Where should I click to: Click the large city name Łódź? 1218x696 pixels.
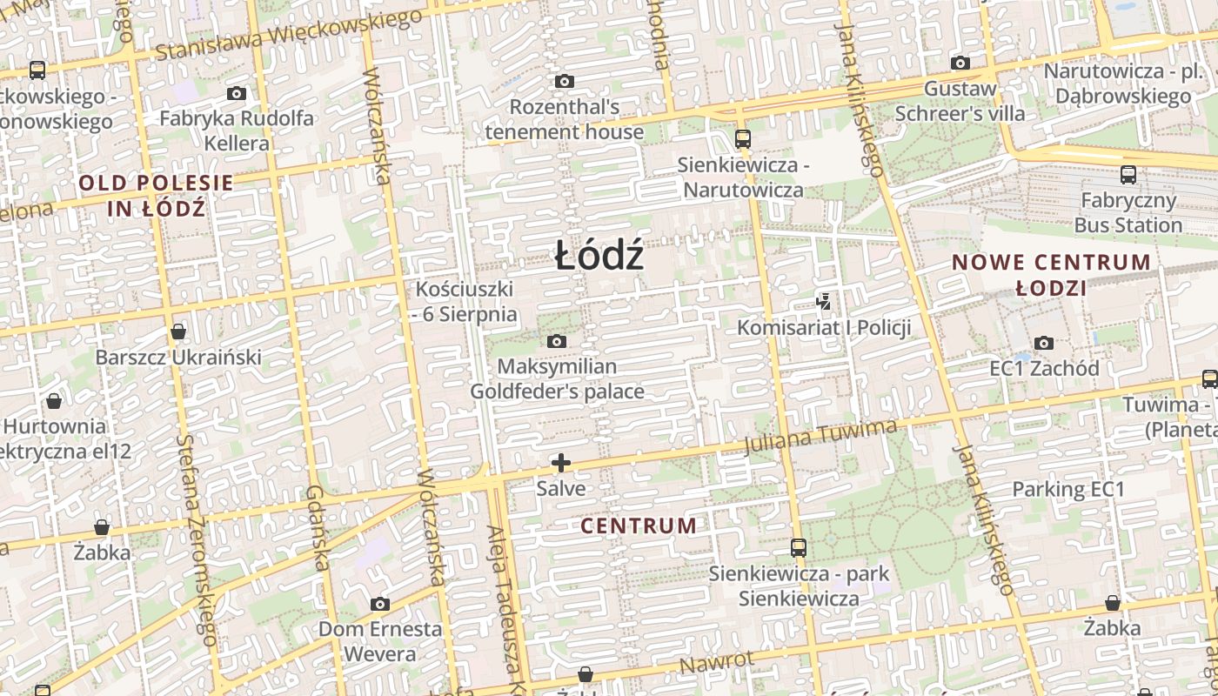pyautogui.click(x=599, y=256)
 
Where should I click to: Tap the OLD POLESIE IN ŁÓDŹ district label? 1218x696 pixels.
pyautogui.click(x=157, y=196)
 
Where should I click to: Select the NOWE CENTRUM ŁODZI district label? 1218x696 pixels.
pyautogui.click(x=1051, y=275)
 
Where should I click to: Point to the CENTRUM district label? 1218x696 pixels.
pyautogui.click(x=639, y=526)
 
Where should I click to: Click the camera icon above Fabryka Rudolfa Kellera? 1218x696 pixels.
pyautogui.click(x=237, y=93)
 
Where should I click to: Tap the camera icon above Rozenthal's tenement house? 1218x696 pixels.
pyautogui.click(x=565, y=82)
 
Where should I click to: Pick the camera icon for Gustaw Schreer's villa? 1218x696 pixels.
pyautogui.click(x=960, y=63)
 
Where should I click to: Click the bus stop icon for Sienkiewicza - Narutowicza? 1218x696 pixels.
pyautogui.click(x=742, y=138)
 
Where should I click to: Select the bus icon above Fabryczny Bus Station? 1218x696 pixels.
pyautogui.click(x=1128, y=175)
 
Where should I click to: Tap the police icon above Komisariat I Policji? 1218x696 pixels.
pyautogui.click(x=823, y=302)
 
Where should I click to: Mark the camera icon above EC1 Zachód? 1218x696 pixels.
pyautogui.click(x=1044, y=343)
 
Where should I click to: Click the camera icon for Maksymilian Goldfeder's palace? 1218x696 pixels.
pyautogui.click(x=557, y=341)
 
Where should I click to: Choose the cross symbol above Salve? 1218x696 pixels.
pyautogui.click(x=561, y=463)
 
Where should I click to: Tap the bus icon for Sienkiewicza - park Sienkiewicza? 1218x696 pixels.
pyautogui.click(x=798, y=548)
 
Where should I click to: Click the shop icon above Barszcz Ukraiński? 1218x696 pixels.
pyautogui.click(x=178, y=331)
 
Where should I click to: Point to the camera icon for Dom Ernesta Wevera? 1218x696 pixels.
pyautogui.click(x=379, y=604)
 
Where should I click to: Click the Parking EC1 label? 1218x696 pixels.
pyautogui.click(x=1068, y=490)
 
